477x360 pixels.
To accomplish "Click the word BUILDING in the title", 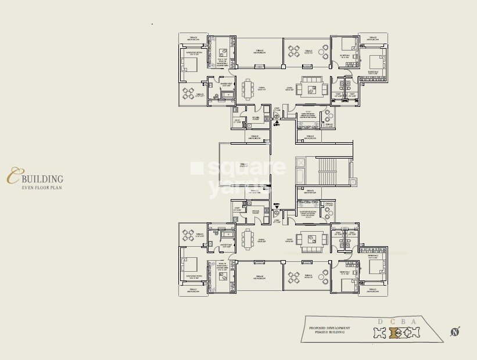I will click(42, 179).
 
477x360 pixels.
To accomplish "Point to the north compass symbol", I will click(455, 332).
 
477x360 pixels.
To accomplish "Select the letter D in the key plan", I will click(381, 322).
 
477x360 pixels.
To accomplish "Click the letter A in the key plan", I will click(414, 322).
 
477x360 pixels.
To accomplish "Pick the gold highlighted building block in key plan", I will click(393, 333).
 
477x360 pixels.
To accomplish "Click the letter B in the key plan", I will click(403, 322).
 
